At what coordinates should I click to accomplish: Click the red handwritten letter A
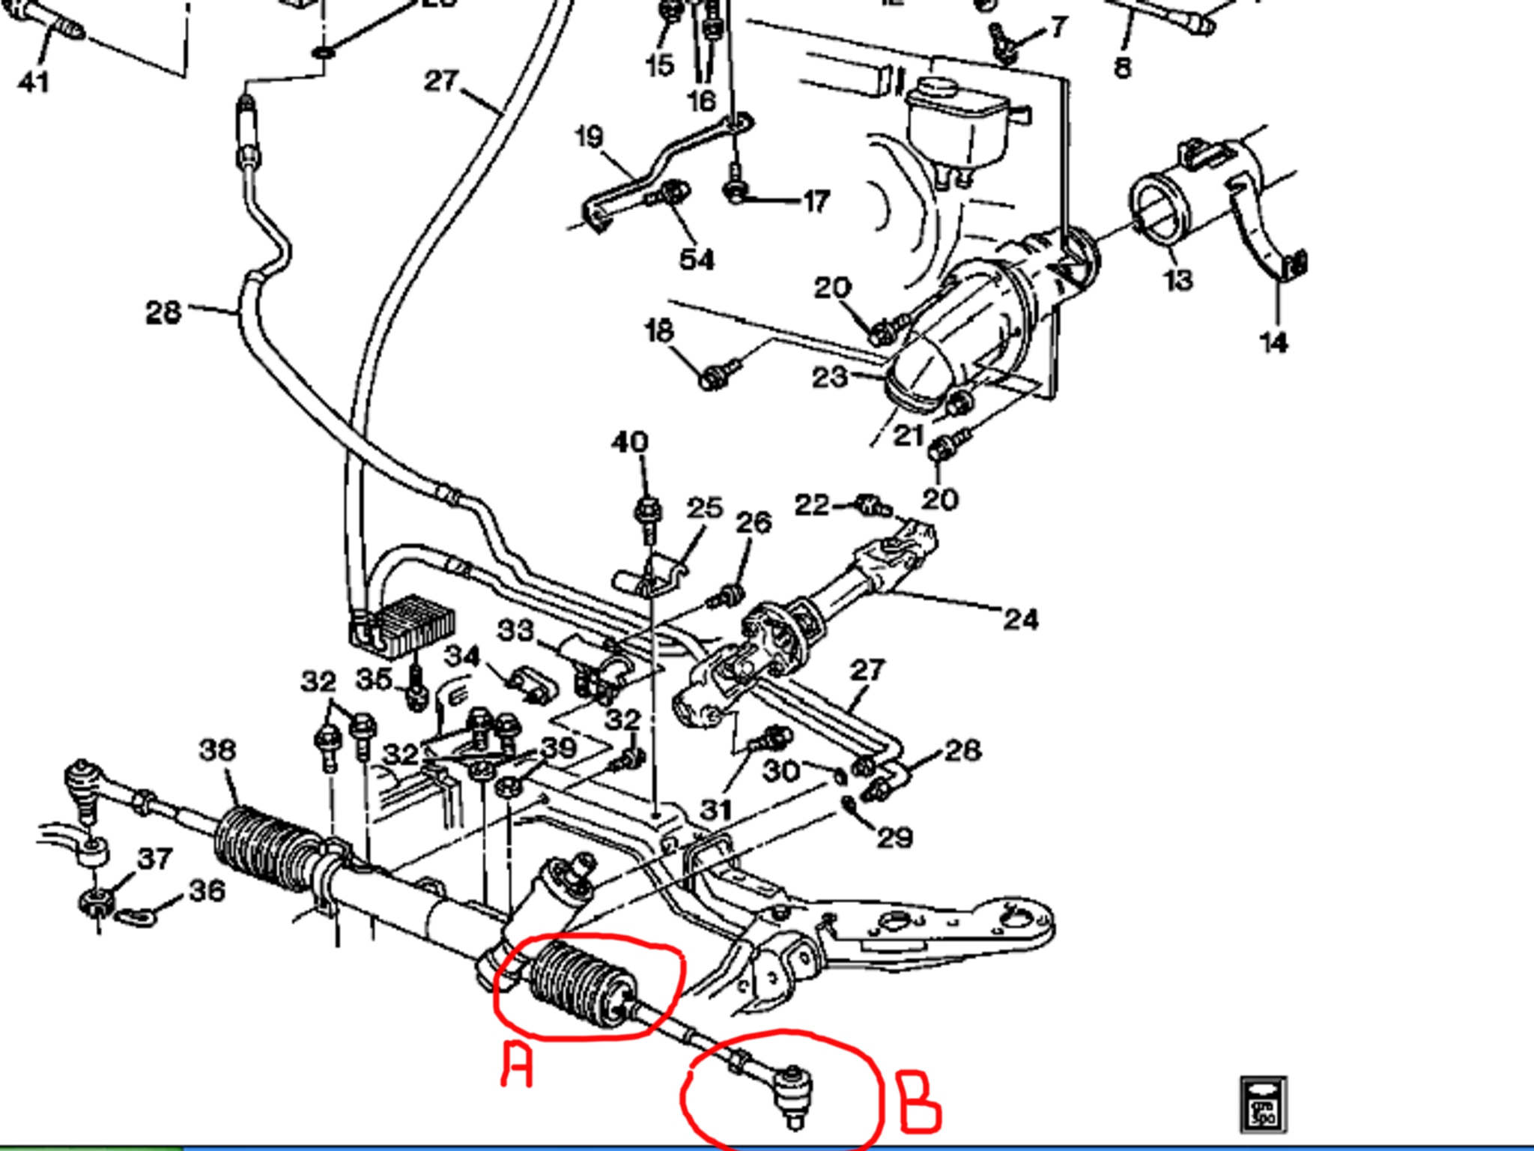pos(517,1064)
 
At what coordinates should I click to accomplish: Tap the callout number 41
pos(34,81)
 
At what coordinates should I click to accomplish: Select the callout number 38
pos(218,750)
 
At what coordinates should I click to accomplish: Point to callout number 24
pos(1021,619)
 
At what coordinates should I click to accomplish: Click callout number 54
pos(697,259)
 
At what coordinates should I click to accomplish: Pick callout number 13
pos(1177,280)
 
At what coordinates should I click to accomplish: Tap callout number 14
pos(1273,342)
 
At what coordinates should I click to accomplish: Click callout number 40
pos(629,442)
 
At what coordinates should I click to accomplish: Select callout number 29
pos(894,837)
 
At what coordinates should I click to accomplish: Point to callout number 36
pos(207,891)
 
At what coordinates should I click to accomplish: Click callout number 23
pos(829,377)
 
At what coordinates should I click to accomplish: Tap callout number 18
pos(659,330)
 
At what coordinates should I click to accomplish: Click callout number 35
pos(374,679)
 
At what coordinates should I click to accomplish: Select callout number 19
pos(589,136)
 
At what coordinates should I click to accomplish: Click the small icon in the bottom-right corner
pos(1263,1103)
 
